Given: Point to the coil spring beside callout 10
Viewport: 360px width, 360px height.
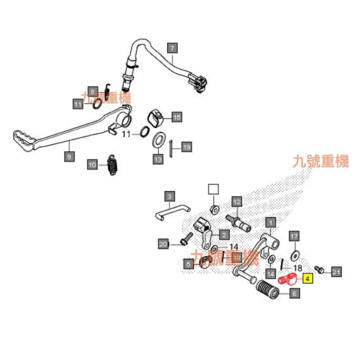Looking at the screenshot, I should point(112,165).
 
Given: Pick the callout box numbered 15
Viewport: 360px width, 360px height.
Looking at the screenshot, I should point(177,117).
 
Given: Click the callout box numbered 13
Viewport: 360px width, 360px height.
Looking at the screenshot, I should point(158,159).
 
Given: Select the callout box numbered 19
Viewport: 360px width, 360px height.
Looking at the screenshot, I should point(186,147).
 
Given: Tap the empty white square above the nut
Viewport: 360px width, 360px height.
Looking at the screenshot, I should point(213,189).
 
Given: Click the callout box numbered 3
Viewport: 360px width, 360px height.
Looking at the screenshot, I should point(169,196).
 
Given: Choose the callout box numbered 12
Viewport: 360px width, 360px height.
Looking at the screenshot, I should point(237,202).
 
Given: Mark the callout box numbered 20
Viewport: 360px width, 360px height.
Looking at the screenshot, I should point(163,244).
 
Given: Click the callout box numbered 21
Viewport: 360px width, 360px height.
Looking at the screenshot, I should point(336,271).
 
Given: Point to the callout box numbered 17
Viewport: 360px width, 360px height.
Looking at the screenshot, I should point(294,236).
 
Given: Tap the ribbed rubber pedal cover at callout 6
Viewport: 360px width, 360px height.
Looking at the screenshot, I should point(270,288).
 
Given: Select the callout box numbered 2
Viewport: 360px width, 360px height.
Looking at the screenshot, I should point(224,234).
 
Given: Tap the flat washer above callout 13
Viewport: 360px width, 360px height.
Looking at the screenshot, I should point(159,140).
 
